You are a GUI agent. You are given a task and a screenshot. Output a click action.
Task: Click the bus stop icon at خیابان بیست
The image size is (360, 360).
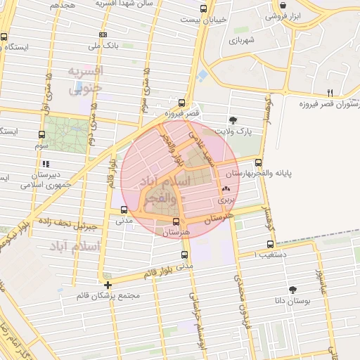[203, 9]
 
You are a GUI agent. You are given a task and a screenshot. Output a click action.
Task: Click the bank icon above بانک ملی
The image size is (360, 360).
[103, 34]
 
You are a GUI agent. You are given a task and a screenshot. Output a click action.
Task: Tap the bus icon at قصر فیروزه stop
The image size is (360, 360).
[182, 102]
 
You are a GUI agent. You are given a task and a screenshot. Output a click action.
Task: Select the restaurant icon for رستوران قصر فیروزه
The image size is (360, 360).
[330, 93]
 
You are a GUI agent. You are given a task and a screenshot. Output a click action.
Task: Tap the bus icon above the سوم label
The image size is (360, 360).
[42, 135]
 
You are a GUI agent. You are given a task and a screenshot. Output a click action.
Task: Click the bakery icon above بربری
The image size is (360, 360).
[226, 188]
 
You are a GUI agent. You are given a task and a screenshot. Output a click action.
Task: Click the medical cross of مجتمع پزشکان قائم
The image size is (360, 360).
[107, 285]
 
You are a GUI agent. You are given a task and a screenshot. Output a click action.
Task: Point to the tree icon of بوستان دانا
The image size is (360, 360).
[293, 290]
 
